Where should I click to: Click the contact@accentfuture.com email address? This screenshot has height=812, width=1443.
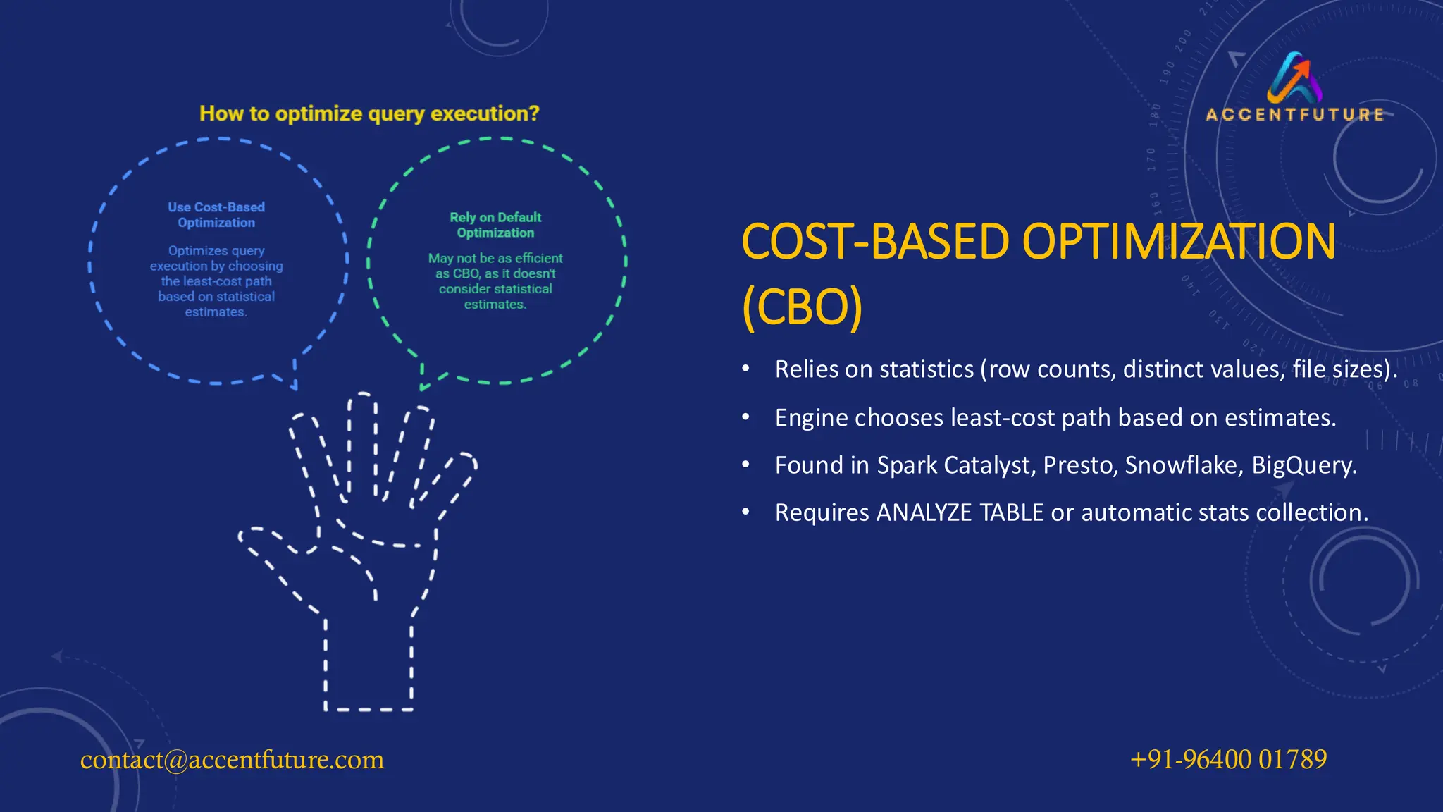(232, 760)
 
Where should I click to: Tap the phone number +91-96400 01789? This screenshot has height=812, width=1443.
(1228, 759)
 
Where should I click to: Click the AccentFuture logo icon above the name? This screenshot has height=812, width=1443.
(1295, 78)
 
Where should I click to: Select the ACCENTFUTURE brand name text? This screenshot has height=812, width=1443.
(1295, 114)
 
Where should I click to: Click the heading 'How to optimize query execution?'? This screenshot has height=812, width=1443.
(369, 113)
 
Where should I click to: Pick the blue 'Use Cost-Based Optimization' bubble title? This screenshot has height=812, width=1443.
(216, 214)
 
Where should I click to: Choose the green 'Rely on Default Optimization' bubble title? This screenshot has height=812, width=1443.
(495, 225)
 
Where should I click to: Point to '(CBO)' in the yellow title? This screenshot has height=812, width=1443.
(802, 307)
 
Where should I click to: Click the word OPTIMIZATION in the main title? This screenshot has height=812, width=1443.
(1178, 242)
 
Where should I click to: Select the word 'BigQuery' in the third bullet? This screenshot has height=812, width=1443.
(1303, 465)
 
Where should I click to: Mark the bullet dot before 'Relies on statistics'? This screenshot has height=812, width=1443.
(745, 369)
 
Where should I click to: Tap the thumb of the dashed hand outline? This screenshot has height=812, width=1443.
(275, 546)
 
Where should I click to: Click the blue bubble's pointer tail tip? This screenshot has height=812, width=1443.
(295, 386)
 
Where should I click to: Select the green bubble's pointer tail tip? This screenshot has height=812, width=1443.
(422, 387)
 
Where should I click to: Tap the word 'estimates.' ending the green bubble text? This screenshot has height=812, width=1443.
(495, 304)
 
